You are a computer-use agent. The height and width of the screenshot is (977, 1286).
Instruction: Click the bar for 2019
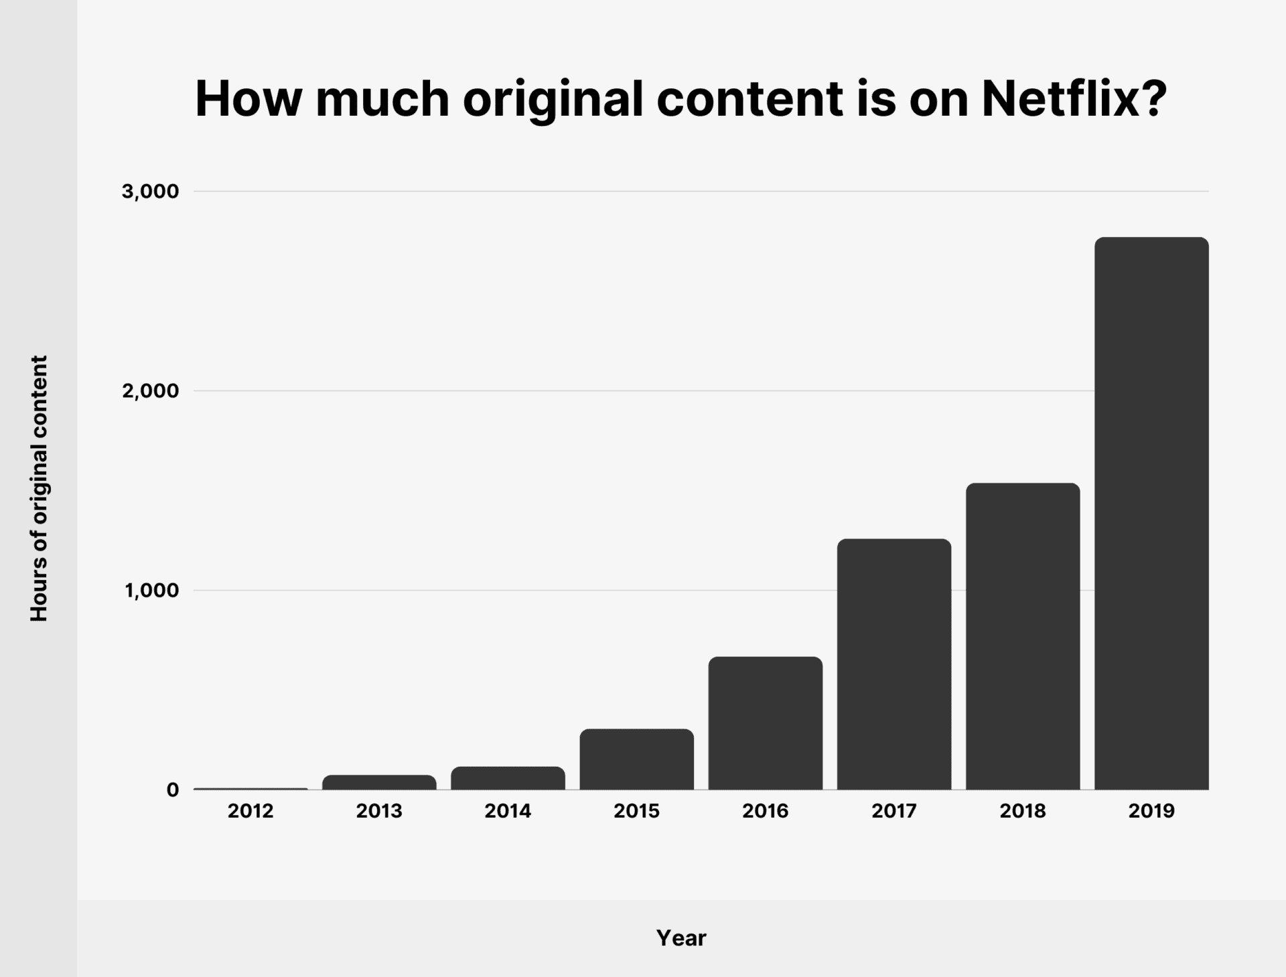(1151, 514)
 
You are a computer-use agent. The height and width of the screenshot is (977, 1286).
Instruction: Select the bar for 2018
(1023, 636)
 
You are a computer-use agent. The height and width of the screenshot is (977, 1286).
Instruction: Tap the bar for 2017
(894, 664)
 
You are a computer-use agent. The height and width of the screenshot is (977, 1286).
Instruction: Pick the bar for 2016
(766, 723)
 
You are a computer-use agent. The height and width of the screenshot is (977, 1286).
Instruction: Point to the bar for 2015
(637, 759)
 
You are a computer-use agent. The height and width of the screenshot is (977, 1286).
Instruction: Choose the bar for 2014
(508, 778)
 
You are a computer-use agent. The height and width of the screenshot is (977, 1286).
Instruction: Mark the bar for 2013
(379, 782)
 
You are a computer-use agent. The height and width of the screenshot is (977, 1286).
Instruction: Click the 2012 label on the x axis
(251, 811)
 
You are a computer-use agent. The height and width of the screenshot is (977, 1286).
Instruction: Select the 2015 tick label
(637, 811)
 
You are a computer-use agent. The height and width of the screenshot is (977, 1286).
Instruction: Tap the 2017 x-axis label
(894, 811)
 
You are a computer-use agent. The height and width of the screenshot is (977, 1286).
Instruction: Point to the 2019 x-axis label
(1151, 811)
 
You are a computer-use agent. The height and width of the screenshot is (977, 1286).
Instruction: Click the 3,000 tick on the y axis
(151, 192)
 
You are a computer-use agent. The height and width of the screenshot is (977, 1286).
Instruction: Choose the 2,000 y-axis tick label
(151, 390)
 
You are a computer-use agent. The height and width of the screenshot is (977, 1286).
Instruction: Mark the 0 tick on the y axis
(173, 790)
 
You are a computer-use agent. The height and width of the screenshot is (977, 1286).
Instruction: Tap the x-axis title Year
(681, 938)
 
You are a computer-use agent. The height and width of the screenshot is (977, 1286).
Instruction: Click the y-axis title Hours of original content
(40, 488)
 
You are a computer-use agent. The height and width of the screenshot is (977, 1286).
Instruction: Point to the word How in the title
(248, 99)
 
